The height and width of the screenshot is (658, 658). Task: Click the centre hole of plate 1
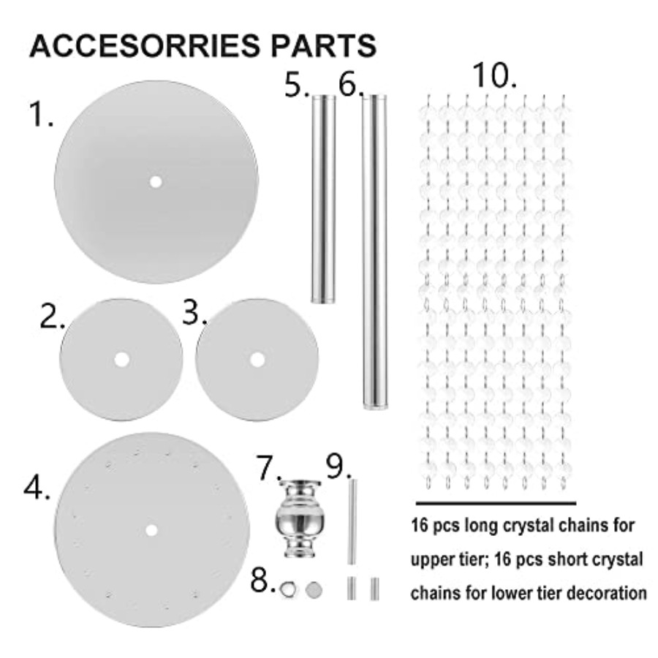pos(156,182)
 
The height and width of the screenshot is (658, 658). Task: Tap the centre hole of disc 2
pos(121,360)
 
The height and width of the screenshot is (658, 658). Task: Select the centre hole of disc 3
pos(257,360)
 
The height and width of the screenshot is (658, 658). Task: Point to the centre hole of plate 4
pos(151,531)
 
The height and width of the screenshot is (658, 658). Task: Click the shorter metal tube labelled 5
pos(323,199)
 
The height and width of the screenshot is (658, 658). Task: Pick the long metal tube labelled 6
pos(375,252)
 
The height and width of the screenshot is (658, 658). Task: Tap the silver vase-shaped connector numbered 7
pos(300,518)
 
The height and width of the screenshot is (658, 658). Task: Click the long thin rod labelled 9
pos(352,521)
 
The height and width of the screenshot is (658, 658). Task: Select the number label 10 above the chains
pos(494,75)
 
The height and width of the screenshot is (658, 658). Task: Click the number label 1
pos(41,114)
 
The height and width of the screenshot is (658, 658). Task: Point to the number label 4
pos(37,488)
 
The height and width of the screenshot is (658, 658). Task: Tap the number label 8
pos(262,580)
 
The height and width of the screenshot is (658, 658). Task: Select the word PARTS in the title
pos(324,45)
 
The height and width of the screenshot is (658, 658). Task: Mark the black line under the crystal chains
pos(496,503)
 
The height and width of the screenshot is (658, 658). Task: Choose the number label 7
pos(268,468)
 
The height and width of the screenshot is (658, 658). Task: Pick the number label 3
pos(194,313)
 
